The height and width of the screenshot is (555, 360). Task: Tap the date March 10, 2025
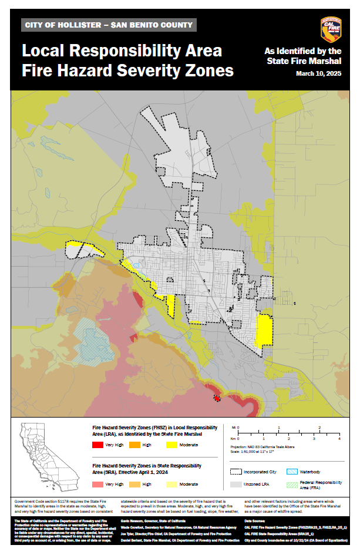tap(319, 73)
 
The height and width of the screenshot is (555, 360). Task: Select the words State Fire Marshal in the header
tap(304, 60)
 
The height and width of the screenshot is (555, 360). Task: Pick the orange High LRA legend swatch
tap(133, 445)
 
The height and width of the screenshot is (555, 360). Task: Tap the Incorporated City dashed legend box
tap(236, 471)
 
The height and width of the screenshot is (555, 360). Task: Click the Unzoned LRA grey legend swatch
tap(236, 485)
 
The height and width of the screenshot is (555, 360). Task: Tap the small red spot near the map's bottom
tap(217, 398)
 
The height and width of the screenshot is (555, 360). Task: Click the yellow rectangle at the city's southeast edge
tap(265, 330)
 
